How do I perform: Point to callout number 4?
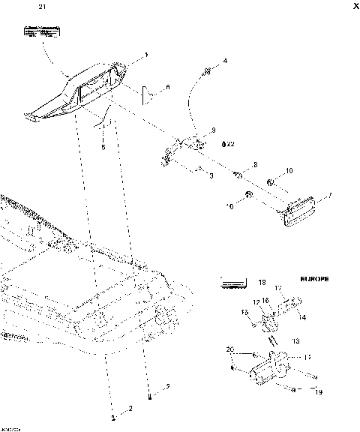coord(224,60)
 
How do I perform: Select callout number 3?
coord(212,175)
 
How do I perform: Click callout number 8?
coord(254,164)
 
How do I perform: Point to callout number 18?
coord(262,283)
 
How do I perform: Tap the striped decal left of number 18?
coord(232,283)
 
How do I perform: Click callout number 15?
coord(245,311)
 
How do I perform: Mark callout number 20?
coord(230,349)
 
